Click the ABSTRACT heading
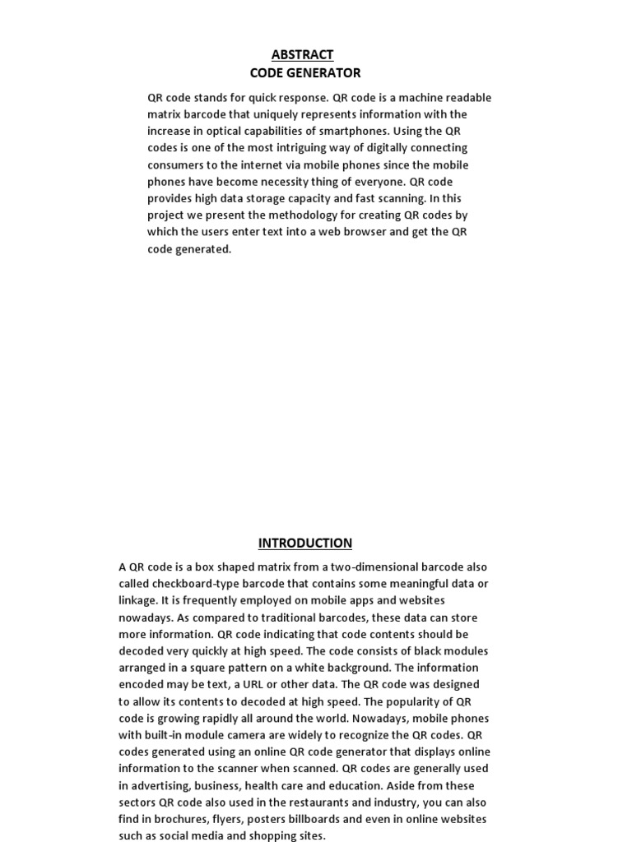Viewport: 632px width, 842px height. [302, 54]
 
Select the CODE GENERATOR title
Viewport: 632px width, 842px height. [305, 72]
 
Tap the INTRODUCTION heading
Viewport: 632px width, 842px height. [304, 543]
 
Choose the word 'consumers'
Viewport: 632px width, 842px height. [176, 164]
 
